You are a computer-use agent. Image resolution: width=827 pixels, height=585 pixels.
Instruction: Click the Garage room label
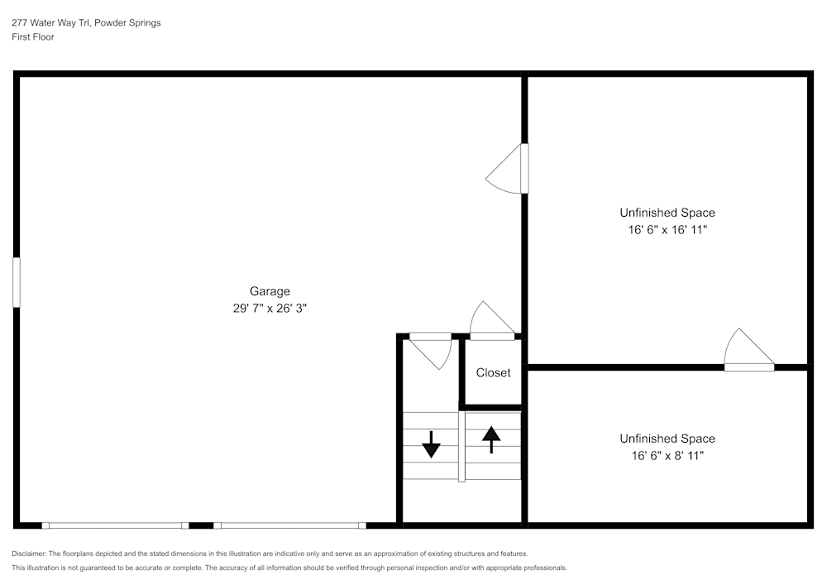point(270,291)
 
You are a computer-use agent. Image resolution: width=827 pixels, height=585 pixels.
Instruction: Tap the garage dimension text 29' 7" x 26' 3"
point(270,308)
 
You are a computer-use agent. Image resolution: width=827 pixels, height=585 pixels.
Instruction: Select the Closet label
point(493,373)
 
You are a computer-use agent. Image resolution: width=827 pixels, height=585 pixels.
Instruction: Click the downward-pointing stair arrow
point(431,444)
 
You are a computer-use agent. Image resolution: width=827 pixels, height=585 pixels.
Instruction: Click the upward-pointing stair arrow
point(491,439)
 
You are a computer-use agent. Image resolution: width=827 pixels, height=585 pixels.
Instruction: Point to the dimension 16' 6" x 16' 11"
point(667,230)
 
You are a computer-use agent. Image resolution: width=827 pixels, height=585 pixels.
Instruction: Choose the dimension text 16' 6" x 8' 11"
point(667,455)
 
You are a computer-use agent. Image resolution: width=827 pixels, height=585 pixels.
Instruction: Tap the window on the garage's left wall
point(17,282)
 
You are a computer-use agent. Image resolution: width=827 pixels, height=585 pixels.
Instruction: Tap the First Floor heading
point(33,37)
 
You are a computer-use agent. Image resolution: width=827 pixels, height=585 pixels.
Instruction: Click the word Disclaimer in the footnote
point(29,554)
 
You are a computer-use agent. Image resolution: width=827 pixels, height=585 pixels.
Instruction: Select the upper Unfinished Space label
point(667,213)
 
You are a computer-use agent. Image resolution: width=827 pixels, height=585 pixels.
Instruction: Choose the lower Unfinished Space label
point(667,439)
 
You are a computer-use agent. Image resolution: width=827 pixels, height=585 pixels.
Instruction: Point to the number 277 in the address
point(19,23)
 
